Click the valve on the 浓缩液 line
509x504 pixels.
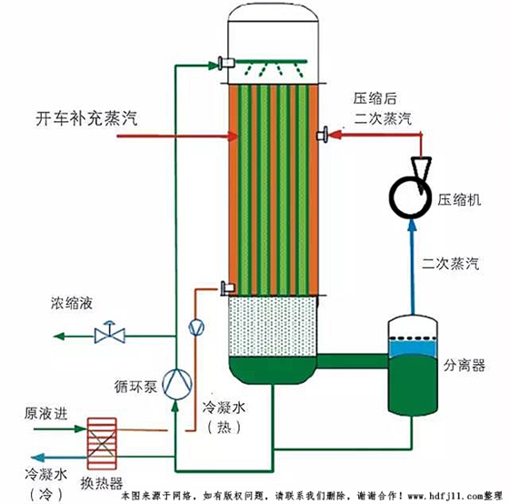point(110,334)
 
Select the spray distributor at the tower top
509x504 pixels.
point(273,66)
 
